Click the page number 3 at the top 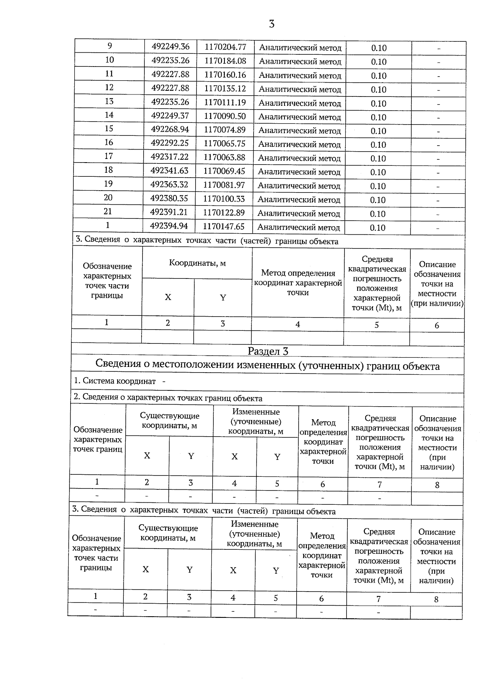click(272, 24)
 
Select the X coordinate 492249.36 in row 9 click(170, 47)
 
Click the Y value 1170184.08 click(225, 61)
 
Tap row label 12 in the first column click(109, 88)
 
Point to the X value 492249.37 click(170, 116)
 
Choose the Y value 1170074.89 click(224, 130)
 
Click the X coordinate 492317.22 click(170, 157)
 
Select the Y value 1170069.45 click(224, 171)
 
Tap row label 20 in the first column click(108, 198)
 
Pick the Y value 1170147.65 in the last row click(224, 226)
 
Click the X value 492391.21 click(169, 212)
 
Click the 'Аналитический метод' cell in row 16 click(300, 144)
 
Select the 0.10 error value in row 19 click(378, 186)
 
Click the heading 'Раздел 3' click(268, 352)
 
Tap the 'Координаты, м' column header click(197, 263)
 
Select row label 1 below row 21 click(108, 225)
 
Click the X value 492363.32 click(169, 184)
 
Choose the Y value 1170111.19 click(225, 102)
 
